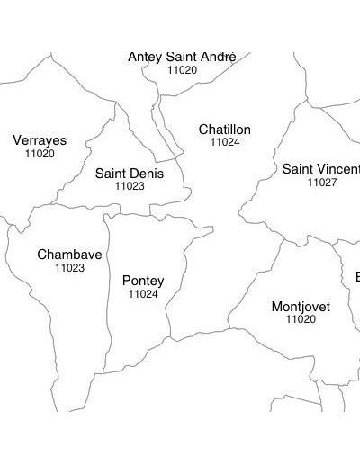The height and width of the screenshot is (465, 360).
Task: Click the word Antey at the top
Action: coord(146,57)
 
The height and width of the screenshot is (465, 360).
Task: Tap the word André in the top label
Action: coord(217,57)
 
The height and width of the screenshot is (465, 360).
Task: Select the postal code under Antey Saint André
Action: coord(182,70)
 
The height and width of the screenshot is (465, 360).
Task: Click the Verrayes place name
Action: coord(40,140)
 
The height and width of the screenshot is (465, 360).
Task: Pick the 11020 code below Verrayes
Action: coord(40,154)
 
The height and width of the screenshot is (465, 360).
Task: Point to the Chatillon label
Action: coord(224,130)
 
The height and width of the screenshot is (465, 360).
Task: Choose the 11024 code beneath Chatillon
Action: coord(224,142)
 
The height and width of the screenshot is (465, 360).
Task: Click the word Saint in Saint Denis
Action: coord(112,173)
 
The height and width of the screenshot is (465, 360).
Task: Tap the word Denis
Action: coord(147,173)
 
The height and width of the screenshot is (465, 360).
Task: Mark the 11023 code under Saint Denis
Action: coord(130,186)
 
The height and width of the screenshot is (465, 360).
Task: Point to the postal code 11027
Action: coord(321,183)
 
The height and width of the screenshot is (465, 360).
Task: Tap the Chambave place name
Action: coord(69,255)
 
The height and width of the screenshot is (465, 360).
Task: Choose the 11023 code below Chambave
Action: coord(69,268)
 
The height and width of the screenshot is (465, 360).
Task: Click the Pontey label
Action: coord(143,281)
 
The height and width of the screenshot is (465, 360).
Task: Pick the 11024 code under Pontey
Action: coord(143,294)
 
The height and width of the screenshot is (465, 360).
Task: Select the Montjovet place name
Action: coord(301,307)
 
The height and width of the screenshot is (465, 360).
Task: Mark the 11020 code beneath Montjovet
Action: coord(301,319)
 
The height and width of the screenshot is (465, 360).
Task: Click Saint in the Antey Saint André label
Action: coord(183,57)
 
